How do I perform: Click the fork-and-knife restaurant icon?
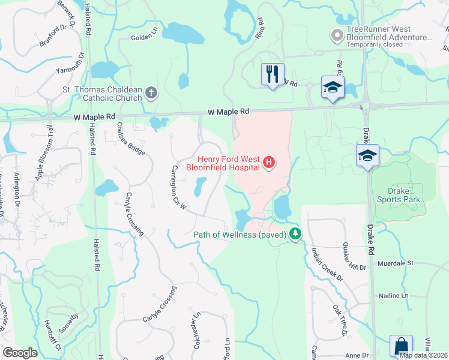click(273, 74)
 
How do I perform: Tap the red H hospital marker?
click(270, 162)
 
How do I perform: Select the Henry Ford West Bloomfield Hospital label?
click(230, 163)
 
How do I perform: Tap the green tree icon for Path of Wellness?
click(295, 234)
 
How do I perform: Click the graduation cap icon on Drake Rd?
click(367, 156)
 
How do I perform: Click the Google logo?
click(20, 352)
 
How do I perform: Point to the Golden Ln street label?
click(143, 38)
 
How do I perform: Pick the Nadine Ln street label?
click(393, 296)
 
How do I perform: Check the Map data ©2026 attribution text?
click(423, 355)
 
